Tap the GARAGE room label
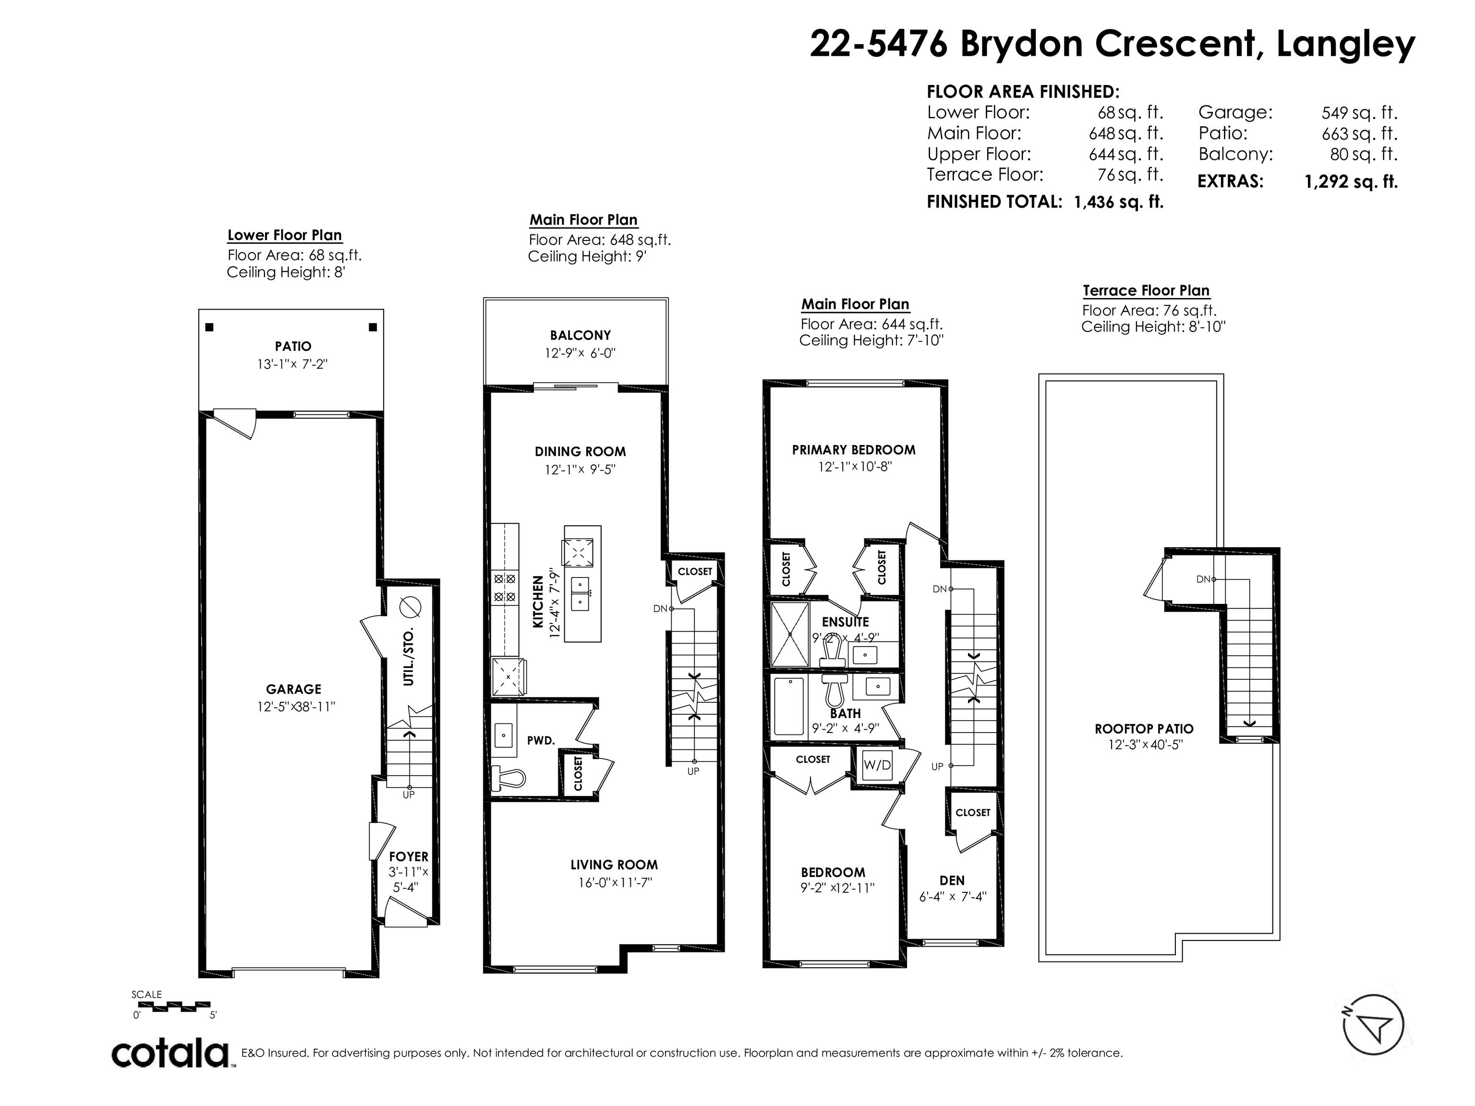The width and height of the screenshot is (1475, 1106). click(293, 689)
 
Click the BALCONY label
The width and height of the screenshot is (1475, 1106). click(580, 336)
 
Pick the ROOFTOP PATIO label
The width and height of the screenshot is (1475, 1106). click(1144, 729)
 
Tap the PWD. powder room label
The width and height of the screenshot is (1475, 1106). click(541, 740)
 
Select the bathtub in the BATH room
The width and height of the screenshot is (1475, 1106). click(789, 706)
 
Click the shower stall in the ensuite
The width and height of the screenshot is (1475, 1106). click(790, 634)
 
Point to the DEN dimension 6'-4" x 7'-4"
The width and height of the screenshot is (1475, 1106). click(952, 897)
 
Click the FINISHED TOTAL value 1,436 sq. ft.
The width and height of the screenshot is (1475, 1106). click(1118, 202)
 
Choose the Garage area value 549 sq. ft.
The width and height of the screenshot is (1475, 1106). click(1360, 113)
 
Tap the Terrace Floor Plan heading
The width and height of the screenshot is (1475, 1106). click(1146, 291)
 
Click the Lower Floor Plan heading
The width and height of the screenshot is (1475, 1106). click(285, 235)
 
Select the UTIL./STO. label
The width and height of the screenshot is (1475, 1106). click(409, 656)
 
